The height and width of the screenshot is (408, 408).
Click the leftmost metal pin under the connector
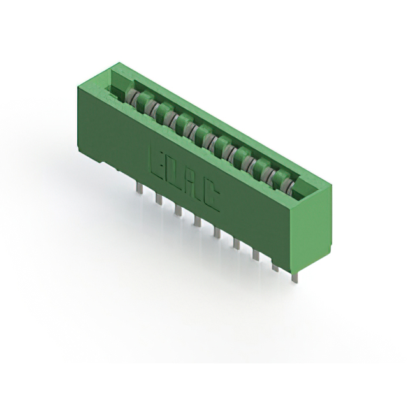[138, 186]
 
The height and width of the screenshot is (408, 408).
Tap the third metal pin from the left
[177, 210]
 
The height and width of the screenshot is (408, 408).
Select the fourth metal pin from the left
[197, 221]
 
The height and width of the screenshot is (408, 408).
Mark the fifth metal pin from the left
[216, 232]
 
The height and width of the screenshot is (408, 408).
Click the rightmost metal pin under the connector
[294, 276]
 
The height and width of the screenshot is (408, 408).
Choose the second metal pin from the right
[275, 266]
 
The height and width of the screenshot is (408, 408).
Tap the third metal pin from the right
[256, 254]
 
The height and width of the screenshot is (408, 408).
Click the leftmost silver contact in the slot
[131, 95]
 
